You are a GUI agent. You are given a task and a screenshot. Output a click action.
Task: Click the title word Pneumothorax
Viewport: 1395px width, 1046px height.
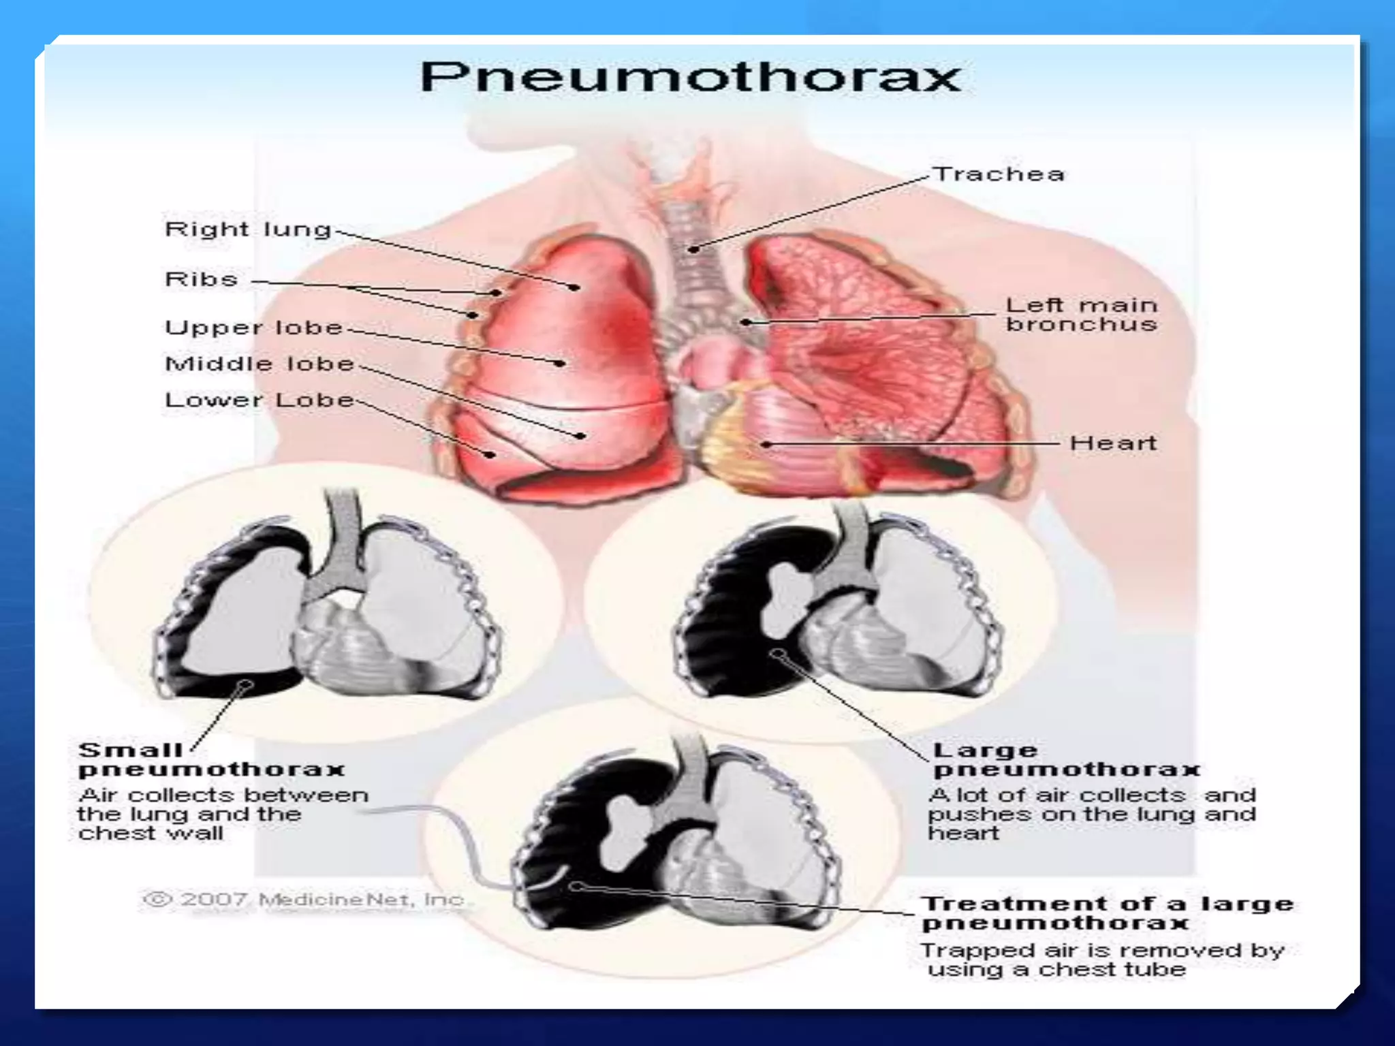pos(690,77)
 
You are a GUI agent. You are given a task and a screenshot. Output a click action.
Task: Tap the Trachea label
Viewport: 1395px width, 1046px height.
pos(998,174)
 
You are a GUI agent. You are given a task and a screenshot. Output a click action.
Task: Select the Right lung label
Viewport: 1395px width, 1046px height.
pos(248,229)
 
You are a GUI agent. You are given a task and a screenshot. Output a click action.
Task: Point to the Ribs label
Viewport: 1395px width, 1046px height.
pos(202,279)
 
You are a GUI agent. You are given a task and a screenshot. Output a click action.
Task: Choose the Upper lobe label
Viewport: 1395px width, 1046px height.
pos(253,328)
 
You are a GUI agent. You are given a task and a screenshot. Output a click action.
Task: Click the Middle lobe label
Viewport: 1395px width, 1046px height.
pos(260,364)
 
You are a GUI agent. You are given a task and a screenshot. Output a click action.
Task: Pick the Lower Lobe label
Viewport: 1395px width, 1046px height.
pos(260,400)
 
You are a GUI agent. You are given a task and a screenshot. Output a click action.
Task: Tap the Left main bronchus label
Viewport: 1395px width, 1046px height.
pos(1081,315)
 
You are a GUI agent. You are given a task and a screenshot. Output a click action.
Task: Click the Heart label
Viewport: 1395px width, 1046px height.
pos(1113,443)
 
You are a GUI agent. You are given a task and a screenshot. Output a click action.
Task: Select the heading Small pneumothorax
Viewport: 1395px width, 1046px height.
pos(211,760)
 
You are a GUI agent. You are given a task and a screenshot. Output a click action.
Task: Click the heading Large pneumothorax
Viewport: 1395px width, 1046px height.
pos(1066,760)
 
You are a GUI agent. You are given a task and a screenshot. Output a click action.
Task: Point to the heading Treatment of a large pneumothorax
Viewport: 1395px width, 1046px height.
pos(1107,913)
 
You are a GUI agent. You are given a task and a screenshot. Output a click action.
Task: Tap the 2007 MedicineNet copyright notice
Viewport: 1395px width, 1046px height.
pos(304,900)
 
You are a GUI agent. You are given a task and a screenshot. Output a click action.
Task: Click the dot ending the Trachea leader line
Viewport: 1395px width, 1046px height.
pos(693,249)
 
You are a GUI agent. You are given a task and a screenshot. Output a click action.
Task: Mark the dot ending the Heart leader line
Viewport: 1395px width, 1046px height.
pos(766,445)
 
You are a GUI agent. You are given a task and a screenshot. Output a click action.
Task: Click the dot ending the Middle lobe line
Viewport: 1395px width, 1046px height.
pos(580,436)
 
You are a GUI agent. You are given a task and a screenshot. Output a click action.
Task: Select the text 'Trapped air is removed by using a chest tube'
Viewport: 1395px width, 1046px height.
pos(1102,960)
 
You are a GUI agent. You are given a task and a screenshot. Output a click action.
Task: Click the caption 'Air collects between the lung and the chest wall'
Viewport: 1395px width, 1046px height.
pos(223,814)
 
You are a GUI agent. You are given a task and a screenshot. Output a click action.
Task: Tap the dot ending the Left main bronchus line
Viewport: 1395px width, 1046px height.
pos(747,322)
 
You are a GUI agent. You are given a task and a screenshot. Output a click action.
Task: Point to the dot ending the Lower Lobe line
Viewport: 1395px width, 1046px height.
pos(489,454)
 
